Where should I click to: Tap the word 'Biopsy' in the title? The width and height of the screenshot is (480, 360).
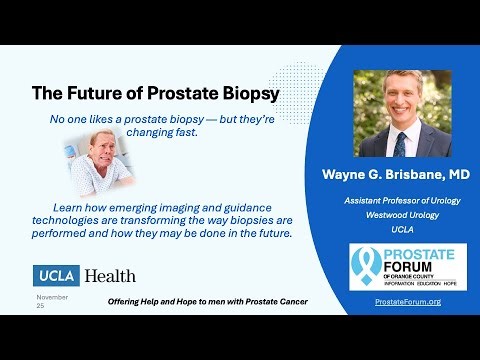click(247, 94)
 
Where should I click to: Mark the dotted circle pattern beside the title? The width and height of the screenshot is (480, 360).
click(300, 85)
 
